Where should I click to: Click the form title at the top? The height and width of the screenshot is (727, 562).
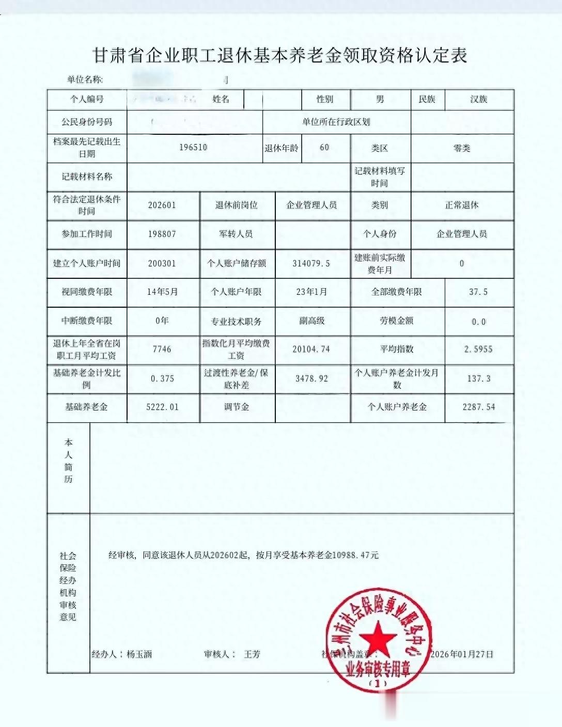(279, 55)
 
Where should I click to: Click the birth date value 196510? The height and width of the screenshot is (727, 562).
(193, 147)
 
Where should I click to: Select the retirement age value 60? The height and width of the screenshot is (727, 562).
(324, 147)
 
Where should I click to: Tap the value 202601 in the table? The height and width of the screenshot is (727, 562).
(162, 205)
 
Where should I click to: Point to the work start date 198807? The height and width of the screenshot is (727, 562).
(162, 234)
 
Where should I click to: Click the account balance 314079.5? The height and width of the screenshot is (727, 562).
(311, 263)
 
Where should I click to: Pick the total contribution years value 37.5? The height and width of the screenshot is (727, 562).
(478, 292)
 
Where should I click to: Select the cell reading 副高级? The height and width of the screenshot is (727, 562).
(312, 321)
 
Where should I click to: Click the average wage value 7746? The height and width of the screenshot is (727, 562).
(162, 349)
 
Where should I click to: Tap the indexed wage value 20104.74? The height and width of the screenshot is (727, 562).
(311, 349)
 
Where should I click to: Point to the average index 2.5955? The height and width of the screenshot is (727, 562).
(478, 349)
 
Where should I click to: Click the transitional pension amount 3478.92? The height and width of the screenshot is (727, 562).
(311, 378)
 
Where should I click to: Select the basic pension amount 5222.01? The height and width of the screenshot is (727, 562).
(162, 407)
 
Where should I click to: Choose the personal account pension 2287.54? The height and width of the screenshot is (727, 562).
(478, 407)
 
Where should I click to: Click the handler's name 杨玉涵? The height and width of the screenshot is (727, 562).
(139, 654)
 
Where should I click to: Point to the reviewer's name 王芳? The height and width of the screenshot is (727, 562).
(252, 654)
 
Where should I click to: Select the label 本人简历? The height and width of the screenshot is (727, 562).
(69, 461)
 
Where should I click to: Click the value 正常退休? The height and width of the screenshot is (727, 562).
(462, 205)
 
